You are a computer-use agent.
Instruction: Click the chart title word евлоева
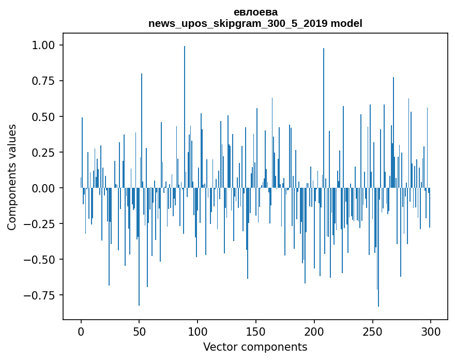255,12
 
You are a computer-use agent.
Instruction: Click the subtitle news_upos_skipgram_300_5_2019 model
255,23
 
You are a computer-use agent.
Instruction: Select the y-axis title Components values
12,177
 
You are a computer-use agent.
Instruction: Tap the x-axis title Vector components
255,347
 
